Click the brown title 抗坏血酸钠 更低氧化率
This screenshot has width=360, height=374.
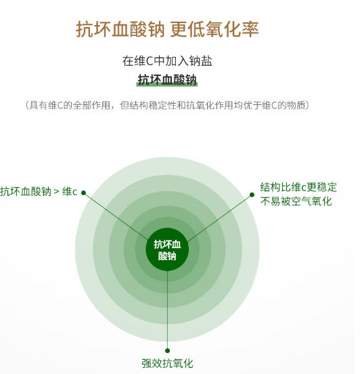167,29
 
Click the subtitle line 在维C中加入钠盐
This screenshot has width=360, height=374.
167,61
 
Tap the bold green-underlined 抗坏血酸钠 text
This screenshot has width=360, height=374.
167,80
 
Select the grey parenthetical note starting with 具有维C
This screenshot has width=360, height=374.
167,105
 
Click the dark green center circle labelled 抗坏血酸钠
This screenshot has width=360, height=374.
167,249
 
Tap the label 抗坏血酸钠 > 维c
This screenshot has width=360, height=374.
39,192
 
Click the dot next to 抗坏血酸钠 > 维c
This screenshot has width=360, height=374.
83,192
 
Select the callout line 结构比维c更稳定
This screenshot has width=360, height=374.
298,187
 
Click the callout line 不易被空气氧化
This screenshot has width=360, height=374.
296,201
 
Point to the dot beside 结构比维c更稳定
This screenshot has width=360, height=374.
252,195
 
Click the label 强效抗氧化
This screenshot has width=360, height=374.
167,364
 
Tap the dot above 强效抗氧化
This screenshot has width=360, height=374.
167,350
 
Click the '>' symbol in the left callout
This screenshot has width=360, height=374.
56,192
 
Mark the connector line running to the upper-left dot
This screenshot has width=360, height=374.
116,216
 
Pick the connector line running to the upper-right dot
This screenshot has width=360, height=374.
219,218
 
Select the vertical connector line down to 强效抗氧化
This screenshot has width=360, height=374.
167,310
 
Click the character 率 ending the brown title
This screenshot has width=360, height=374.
250,29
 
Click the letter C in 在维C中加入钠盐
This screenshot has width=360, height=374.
150,61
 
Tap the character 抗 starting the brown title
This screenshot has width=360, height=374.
85,29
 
